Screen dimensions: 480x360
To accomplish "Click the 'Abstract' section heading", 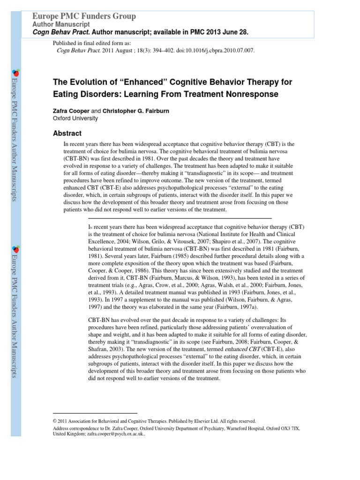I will (x=68, y=133).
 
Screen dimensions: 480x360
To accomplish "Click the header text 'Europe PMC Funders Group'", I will (x=84, y=16).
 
